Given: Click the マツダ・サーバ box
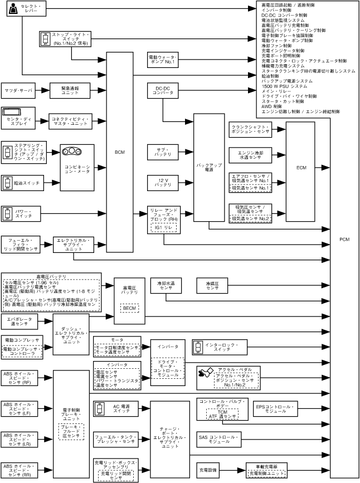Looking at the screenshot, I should (x=18, y=90).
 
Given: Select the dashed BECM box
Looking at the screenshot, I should (x=129, y=308).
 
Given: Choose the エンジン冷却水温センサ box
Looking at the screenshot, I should (x=250, y=154).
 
